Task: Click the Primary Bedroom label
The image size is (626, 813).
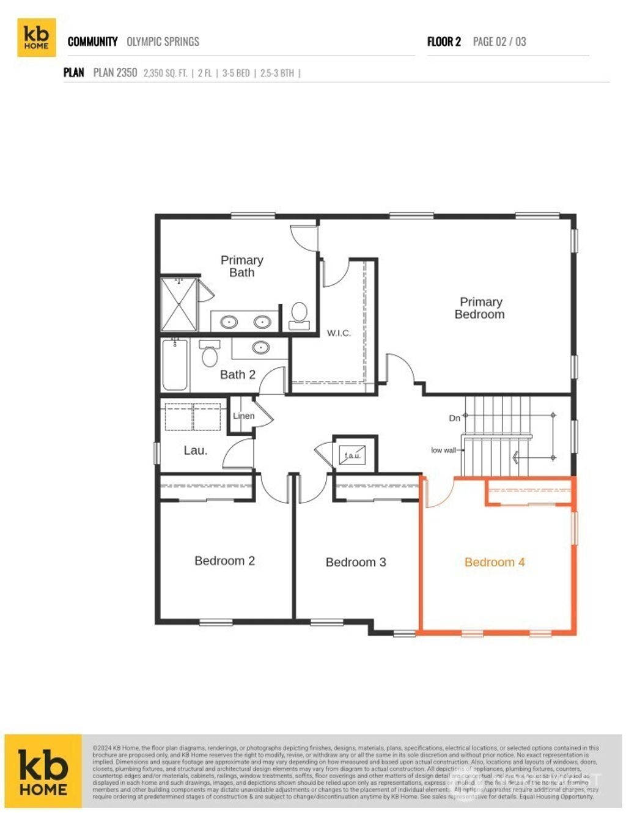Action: (480, 308)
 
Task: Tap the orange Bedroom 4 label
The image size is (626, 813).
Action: (495, 562)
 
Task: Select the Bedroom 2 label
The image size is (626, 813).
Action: (224, 561)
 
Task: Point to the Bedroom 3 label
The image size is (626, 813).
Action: (356, 562)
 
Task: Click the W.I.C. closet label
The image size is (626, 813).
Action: (339, 333)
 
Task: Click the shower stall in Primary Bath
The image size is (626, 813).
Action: (179, 304)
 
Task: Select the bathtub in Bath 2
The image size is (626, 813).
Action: (174, 365)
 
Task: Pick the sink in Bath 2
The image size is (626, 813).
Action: (261, 348)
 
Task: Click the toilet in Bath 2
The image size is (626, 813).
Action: (210, 354)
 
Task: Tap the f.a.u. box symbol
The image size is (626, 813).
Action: (353, 455)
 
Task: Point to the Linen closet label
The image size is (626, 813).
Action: (243, 416)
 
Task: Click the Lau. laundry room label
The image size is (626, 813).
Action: (196, 451)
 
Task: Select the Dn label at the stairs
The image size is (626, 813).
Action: (454, 418)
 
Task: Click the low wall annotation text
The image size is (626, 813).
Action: (443, 451)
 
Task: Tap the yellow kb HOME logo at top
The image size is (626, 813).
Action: (37, 37)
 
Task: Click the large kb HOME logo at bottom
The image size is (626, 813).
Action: (43, 771)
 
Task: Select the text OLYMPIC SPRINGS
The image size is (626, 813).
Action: (163, 42)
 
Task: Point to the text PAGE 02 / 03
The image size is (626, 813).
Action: (499, 42)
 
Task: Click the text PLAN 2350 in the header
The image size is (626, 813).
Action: (115, 73)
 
